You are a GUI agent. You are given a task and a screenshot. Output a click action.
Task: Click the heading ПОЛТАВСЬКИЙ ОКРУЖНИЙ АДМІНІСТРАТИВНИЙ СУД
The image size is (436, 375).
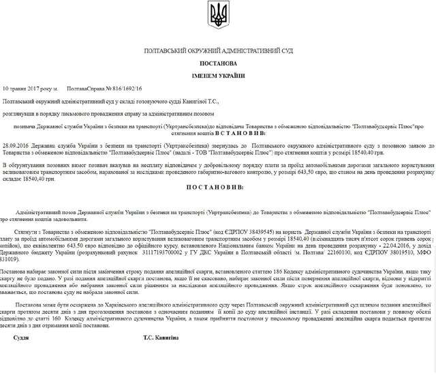pos(218,52)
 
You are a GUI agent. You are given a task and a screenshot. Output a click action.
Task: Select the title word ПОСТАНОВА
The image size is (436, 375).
pos(218,63)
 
